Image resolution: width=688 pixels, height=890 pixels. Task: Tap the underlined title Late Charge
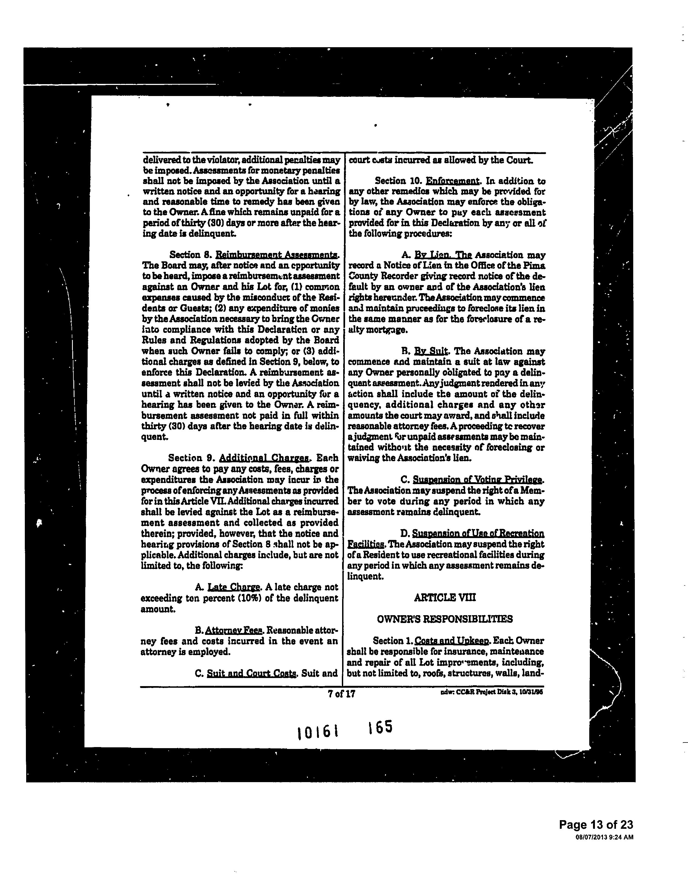point(234,587)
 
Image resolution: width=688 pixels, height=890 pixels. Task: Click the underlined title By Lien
point(443,255)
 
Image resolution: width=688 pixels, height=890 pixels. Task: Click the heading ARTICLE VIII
point(445,597)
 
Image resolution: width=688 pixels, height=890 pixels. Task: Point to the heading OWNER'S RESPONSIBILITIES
point(445,619)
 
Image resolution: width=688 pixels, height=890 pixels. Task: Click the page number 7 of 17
point(341,694)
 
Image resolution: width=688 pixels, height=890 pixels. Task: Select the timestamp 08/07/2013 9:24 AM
point(604,837)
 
